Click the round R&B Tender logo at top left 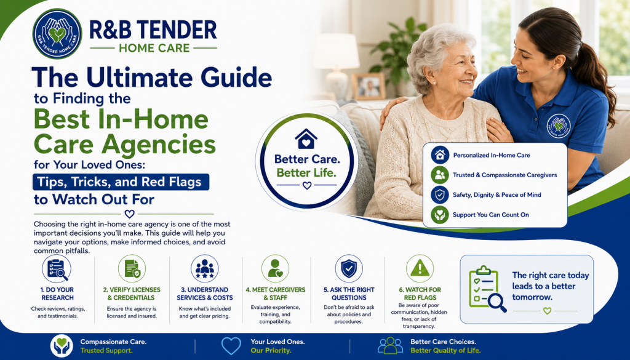click(x=57, y=34)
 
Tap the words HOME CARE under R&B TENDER click(x=154, y=48)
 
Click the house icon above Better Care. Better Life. click(x=306, y=138)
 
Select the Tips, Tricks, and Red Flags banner click(x=121, y=182)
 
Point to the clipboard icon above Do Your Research click(x=57, y=269)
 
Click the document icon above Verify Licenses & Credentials click(x=132, y=269)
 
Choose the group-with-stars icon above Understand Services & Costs click(x=205, y=269)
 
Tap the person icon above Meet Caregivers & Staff click(x=275, y=269)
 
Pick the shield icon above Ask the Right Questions click(x=349, y=269)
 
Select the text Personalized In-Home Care click(x=492, y=155)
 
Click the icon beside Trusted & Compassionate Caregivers click(x=440, y=175)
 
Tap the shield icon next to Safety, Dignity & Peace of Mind click(x=440, y=195)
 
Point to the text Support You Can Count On click(x=490, y=215)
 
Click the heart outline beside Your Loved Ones click(x=231, y=345)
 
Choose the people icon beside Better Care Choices click(x=390, y=345)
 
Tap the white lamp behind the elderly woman click(x=337, y=64)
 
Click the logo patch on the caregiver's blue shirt click(x=559, y=126)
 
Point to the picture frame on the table click(x=369, y=86)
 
